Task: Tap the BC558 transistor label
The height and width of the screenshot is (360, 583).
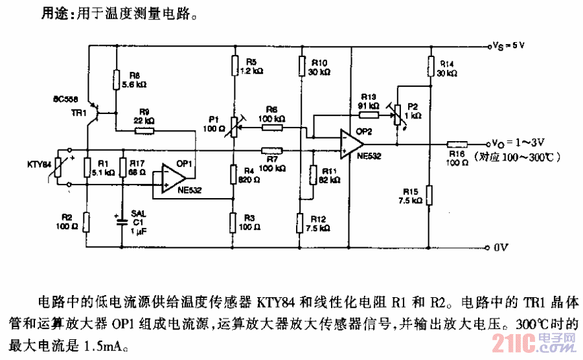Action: point(67,100)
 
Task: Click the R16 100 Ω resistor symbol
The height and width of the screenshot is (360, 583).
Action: point(458,144)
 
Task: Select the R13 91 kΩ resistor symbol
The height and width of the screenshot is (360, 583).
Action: point(369,115)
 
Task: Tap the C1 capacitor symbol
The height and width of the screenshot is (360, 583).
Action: point(122,221)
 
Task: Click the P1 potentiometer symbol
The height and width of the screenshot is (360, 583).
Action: point(234,128)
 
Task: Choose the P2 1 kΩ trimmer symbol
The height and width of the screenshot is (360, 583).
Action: point(397,115)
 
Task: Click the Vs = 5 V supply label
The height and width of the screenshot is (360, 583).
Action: point(509,46)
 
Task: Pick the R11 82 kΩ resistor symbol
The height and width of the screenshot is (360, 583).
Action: point(313,175)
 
